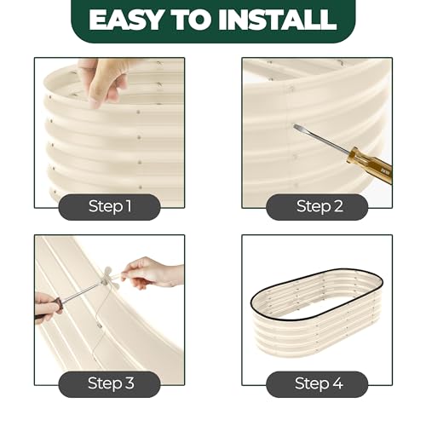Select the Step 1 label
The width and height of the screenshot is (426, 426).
110,206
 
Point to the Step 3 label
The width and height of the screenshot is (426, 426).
111,383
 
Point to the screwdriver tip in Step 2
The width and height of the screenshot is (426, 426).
296,126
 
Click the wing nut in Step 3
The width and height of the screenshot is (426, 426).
109,275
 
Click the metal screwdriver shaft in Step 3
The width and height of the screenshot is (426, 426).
82,291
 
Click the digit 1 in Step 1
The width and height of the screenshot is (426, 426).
129,205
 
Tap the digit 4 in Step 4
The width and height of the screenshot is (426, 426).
337,383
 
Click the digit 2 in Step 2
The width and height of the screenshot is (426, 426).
338,205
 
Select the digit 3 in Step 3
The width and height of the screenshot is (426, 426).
130,383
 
